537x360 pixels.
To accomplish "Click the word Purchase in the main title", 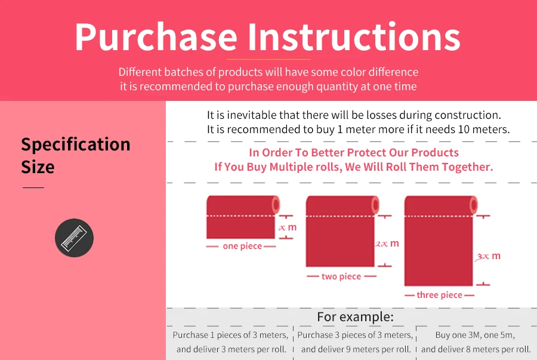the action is coord(156,37).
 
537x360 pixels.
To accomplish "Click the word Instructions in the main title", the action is coord(354,36).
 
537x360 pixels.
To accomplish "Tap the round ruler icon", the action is coord(75,238).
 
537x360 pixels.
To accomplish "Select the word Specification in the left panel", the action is coord(76,145).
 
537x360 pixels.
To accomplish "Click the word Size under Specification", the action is coord(38,167).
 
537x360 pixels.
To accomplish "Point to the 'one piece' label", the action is coord(242,246).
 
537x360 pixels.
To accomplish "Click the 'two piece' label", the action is coord(341,276).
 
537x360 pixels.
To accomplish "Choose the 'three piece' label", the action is coord(439,295).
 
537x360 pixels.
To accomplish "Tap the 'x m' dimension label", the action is coord(288,227).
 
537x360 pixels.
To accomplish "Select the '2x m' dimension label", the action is coord(387,244).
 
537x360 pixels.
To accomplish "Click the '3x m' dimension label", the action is coord(488,256).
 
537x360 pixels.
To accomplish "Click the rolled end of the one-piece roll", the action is coord(276,205).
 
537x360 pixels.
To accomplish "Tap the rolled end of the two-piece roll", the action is coord(375,205).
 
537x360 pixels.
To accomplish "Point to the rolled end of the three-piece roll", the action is coord(474,205).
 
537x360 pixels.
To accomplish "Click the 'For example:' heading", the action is coord(355,317).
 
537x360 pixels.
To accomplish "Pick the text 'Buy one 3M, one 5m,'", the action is coord(475,335).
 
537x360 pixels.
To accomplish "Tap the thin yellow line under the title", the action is coord(268,59).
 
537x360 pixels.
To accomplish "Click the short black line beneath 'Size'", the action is coord(33,187).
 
